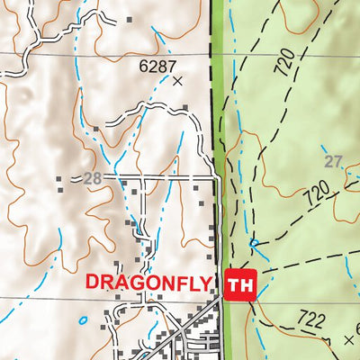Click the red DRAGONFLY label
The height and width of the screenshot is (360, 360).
point(148,282)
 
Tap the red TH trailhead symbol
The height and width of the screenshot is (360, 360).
point(241,285)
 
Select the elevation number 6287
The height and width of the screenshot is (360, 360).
point(157,66)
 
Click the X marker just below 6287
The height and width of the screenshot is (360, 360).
point(177,81)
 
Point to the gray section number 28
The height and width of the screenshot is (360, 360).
point(92,178)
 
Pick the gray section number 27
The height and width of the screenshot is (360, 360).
point(333,161)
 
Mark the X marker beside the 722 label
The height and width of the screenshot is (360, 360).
point(349,340)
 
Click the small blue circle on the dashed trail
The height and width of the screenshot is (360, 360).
point(254,243)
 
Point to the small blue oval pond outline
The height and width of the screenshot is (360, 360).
point(84,319)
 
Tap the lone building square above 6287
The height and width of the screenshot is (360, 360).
point(130,18)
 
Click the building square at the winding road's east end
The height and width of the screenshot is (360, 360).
point(184,108)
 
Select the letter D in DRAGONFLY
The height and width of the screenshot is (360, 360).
point(93,282)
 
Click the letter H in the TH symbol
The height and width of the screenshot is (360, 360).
point(247,285)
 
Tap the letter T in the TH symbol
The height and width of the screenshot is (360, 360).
point(236,285)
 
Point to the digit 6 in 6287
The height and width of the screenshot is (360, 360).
point(144,66)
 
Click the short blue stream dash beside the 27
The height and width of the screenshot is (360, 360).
point(323,148)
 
